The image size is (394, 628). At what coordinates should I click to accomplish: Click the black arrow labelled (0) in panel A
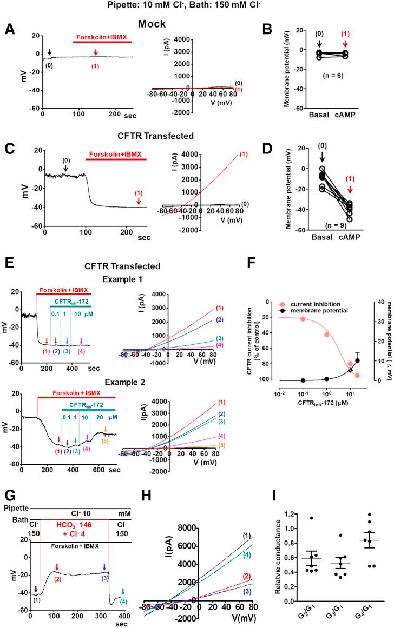[x=49, y=52]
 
